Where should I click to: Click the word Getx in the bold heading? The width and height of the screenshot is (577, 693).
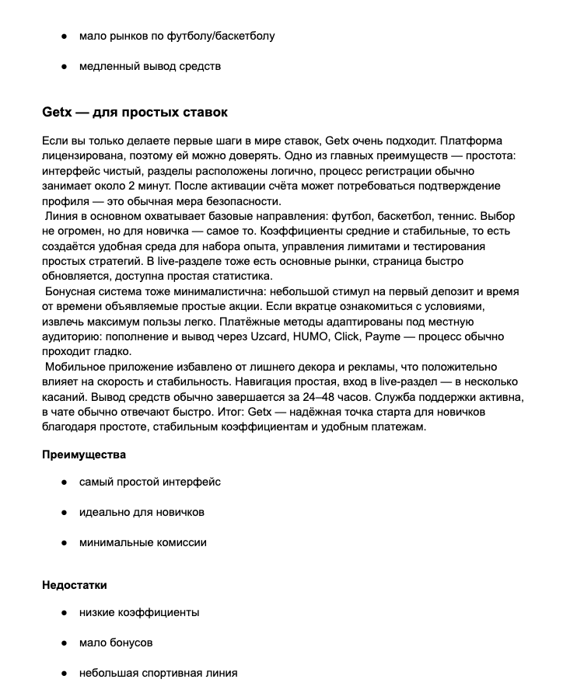point(56,112)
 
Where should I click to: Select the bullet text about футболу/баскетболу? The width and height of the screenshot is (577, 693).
point(177,36)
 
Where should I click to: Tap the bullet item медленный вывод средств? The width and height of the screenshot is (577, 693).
point(150,66)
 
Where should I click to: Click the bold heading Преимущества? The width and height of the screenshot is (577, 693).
point(84,454)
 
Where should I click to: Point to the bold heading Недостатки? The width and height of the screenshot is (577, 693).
point(75,585)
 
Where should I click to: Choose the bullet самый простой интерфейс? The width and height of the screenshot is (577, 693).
point(150,482)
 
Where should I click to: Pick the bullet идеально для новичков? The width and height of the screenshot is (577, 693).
point(142,513)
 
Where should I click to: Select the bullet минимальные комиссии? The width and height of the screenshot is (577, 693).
point(143,544)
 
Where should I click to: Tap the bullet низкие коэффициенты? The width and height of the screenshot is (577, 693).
point(139,612)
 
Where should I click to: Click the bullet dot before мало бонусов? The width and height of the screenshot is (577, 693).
point(63,643)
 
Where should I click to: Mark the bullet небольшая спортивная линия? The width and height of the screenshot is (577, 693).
point(158,673)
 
